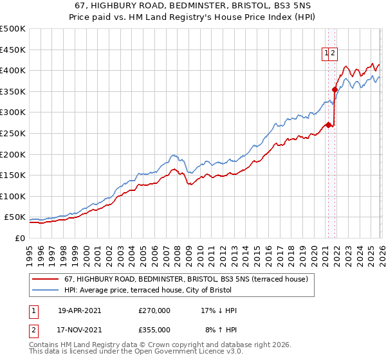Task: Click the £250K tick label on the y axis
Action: tap(13, 133)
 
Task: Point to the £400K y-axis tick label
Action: tap(13, 70)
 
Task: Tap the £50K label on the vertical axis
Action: tap(15, 217)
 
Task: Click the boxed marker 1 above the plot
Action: tap(327, 54)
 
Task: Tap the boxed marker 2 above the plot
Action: tap(335, 54)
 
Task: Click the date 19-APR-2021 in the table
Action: tap(79, 310)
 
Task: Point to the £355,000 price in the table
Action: tap(154, 330)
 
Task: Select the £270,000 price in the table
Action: tap(154, 310)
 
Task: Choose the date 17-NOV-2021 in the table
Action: tap(79, 330)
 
